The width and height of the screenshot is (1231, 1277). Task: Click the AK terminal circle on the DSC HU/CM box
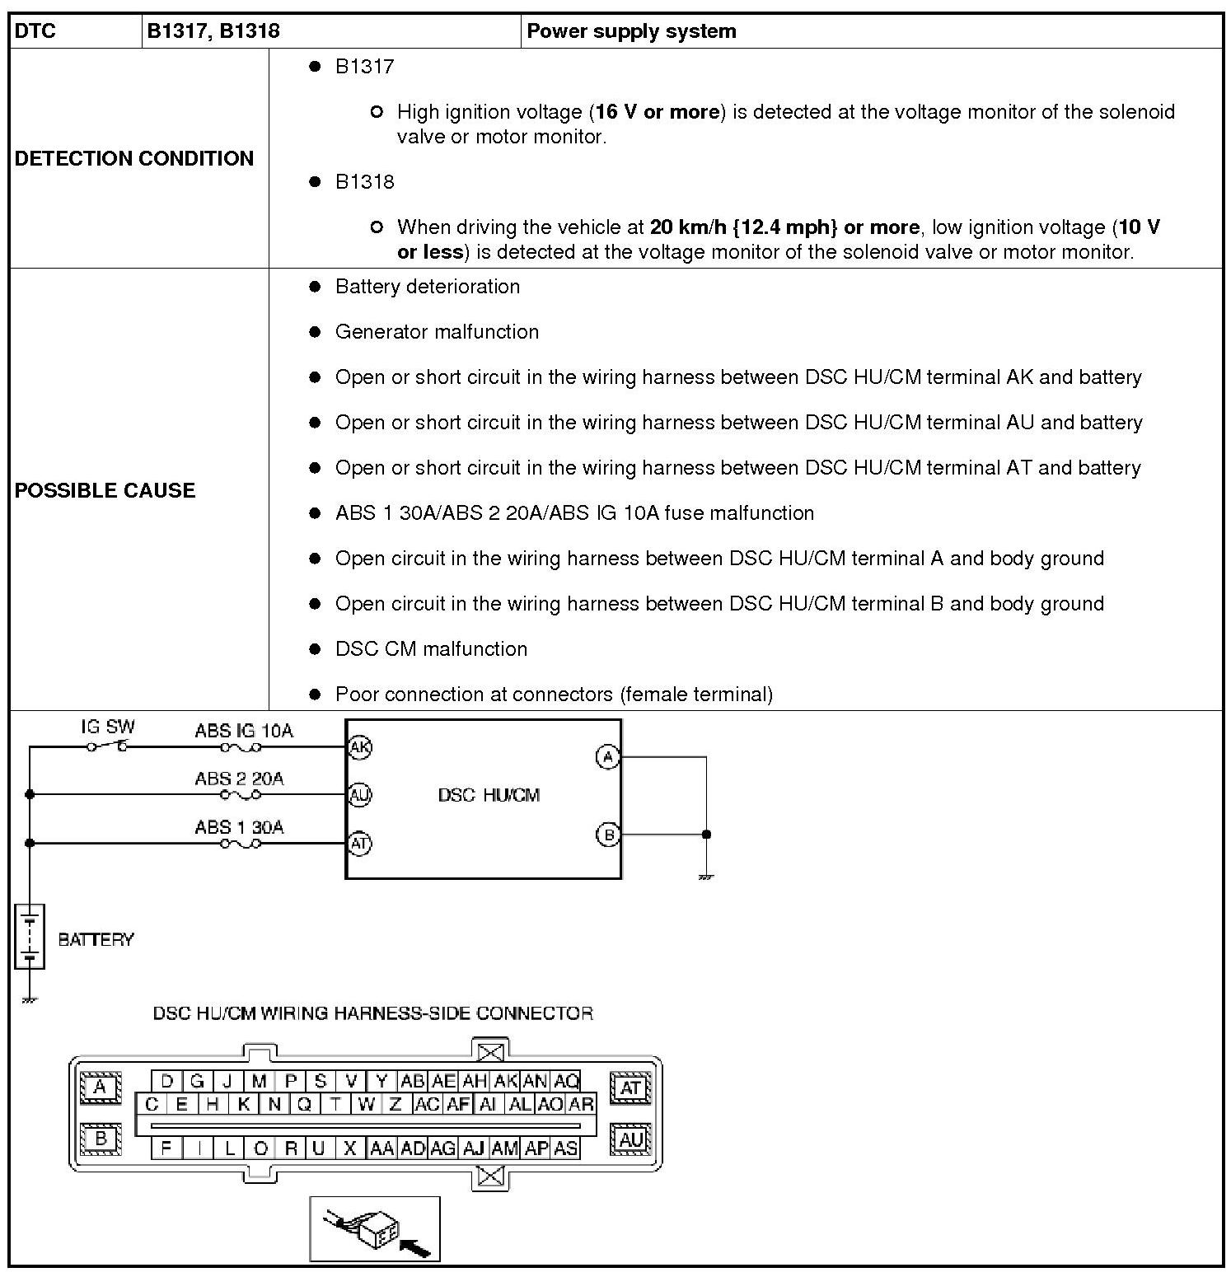359,747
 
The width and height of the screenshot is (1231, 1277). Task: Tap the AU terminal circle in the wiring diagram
359,795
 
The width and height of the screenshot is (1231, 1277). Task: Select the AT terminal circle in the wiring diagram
359,844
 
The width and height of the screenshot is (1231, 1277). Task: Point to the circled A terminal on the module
607,757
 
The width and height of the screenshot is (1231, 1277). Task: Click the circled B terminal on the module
607,835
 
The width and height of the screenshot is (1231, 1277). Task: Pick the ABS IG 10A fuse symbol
241,747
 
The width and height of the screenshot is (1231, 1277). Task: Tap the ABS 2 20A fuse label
239,779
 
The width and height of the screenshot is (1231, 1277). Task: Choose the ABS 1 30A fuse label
239,827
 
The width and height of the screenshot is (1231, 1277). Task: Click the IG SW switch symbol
108,746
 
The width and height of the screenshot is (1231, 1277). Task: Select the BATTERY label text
96,939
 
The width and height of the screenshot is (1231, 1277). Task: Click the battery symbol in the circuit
30,937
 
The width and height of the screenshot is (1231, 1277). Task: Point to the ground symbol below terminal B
705,877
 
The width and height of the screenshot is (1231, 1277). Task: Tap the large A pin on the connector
101,1088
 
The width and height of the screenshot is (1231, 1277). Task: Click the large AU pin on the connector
630,1139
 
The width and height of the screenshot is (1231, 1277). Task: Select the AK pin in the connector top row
505,1081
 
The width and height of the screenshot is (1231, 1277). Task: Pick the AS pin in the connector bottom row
565,1148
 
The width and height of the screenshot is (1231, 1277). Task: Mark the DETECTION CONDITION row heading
134,158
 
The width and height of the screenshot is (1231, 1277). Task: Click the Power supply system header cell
631,31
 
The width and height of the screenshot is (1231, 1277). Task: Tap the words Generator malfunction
437,332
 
